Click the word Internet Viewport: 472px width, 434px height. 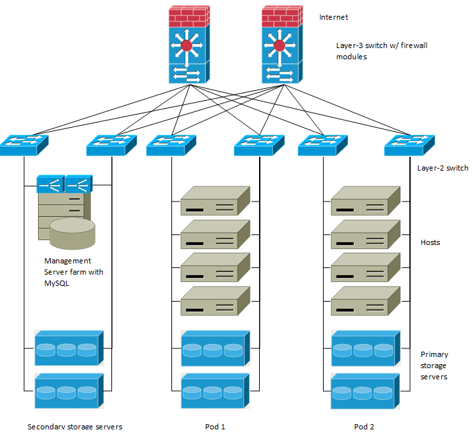(334, 17)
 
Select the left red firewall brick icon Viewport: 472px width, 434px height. (187, 15)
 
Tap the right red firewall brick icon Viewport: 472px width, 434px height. (280, 15)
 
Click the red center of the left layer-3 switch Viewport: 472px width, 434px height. (187, 45)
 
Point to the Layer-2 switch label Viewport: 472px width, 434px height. (442, 168)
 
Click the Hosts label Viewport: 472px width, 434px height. (430, 242)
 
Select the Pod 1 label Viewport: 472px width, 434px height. (215, 426)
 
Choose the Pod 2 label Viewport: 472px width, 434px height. (364, 426)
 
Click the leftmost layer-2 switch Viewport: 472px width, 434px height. (24, 145)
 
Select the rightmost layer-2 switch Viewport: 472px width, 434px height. (409, 145)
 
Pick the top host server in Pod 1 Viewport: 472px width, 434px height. (215, 201)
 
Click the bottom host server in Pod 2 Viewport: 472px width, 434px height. (365, 301)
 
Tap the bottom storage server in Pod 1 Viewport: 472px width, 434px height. (215, 391)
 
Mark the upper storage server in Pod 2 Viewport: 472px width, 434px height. (365, 348)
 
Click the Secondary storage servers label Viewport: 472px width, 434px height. (75, 426)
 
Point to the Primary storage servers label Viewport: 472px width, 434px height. (434, 366)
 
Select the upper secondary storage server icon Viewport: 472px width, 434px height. (69, 348)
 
